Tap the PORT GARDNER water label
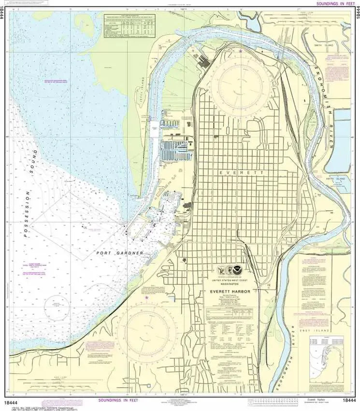(x=119, y=253)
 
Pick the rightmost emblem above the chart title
(x=246, y=271)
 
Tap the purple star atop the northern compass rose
(x=240, y=50)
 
